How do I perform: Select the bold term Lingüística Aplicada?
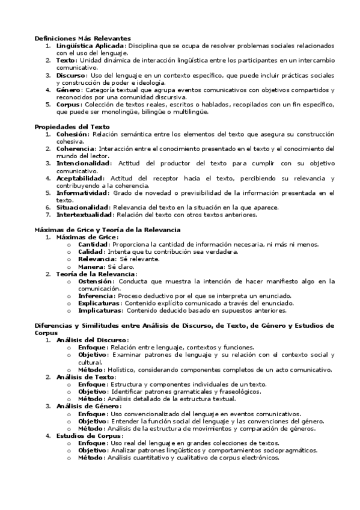click(90, 45)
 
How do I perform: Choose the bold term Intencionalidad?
click(83, 163)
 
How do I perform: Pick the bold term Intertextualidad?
click(84, 215)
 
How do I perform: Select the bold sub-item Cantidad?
click(93, 244)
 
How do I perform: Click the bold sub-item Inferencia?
click(96, 296)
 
